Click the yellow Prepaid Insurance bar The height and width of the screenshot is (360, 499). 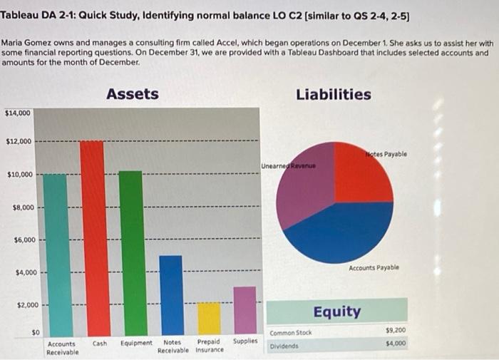(209, 318)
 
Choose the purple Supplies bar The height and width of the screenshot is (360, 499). (245, 310)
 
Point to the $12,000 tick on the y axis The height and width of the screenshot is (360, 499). (19, 141)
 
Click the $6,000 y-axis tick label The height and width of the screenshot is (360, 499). (21, 240)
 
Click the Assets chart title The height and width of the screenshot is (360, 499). (133, 94)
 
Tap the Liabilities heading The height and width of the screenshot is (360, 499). (334, 94)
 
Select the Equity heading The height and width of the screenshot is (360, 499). (336, 312)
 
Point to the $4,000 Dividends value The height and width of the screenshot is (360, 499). (395, 344)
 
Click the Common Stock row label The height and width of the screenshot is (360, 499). (291, 333)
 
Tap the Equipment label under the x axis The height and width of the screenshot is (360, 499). (136, 343)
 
